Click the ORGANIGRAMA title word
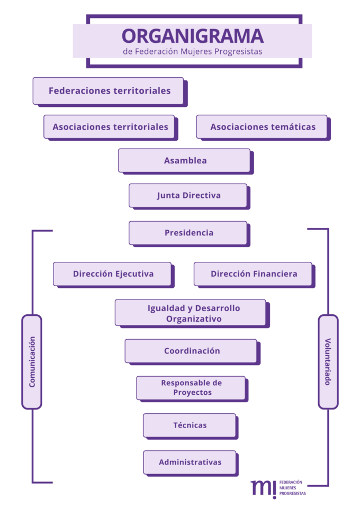192,36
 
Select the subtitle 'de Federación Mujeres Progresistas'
192,52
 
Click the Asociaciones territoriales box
110,127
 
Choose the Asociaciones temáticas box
262,127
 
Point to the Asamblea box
184,160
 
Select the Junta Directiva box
188,195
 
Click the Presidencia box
188,233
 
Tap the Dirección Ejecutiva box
113,274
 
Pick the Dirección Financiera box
253,274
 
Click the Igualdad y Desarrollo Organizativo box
191,313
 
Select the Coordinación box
191,351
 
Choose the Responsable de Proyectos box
191,388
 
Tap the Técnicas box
190,425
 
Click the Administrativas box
190,462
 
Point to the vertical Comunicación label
32,362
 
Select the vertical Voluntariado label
328,362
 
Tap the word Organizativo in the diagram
193,319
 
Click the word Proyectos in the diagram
192,393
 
